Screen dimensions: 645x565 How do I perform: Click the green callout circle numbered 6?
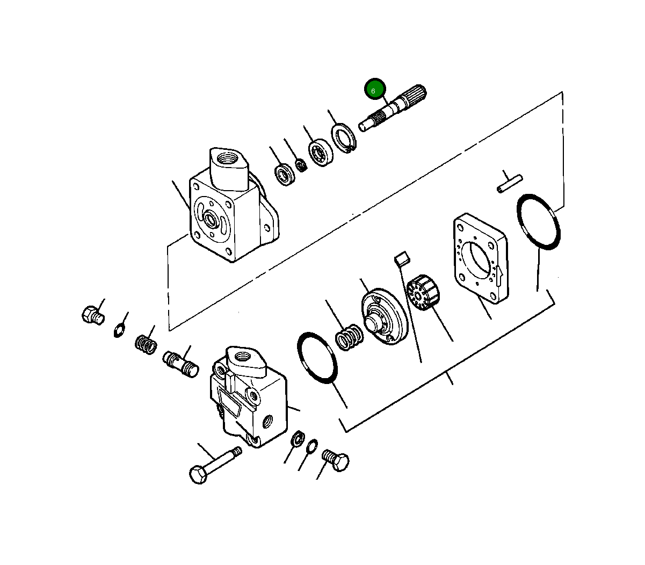point(375,89)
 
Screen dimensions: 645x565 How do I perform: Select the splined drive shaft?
point(393,108)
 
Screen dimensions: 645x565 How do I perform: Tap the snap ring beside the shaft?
point(344,138)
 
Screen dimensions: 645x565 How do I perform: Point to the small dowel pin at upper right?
point(510,184)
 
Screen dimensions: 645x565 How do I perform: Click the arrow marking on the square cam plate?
point(499,276)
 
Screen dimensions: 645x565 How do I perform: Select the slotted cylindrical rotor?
point(423,292)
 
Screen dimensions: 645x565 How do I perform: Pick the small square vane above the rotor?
point(402,258)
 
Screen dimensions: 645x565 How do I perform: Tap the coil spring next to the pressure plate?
point(349,337)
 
